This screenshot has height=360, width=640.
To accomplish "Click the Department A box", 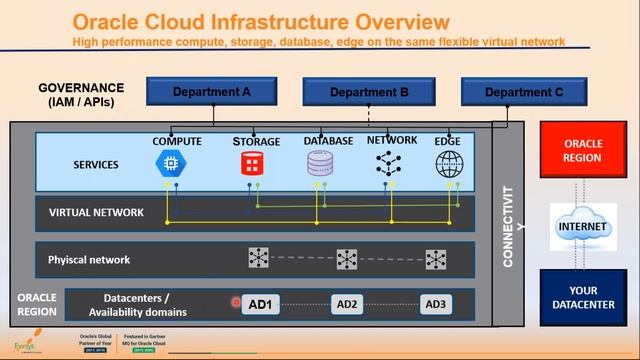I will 211,92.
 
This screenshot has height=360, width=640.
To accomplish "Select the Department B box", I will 369,92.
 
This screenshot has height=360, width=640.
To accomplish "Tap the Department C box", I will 523,92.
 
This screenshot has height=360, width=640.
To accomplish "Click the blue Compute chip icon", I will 176,165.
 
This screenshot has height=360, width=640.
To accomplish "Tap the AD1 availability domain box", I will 260,304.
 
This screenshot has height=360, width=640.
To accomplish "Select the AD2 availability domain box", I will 347,304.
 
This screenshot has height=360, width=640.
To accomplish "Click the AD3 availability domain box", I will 436,304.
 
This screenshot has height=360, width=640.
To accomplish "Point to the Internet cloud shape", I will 583,228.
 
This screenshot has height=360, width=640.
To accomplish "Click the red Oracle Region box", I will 583,151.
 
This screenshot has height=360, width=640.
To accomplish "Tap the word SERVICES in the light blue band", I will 96,165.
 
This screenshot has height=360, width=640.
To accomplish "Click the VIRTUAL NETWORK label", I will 96,212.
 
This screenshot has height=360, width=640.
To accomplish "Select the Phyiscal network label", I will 89,259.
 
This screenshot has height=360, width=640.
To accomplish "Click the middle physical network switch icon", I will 347,259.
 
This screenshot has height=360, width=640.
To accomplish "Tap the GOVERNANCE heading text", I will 81,88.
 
